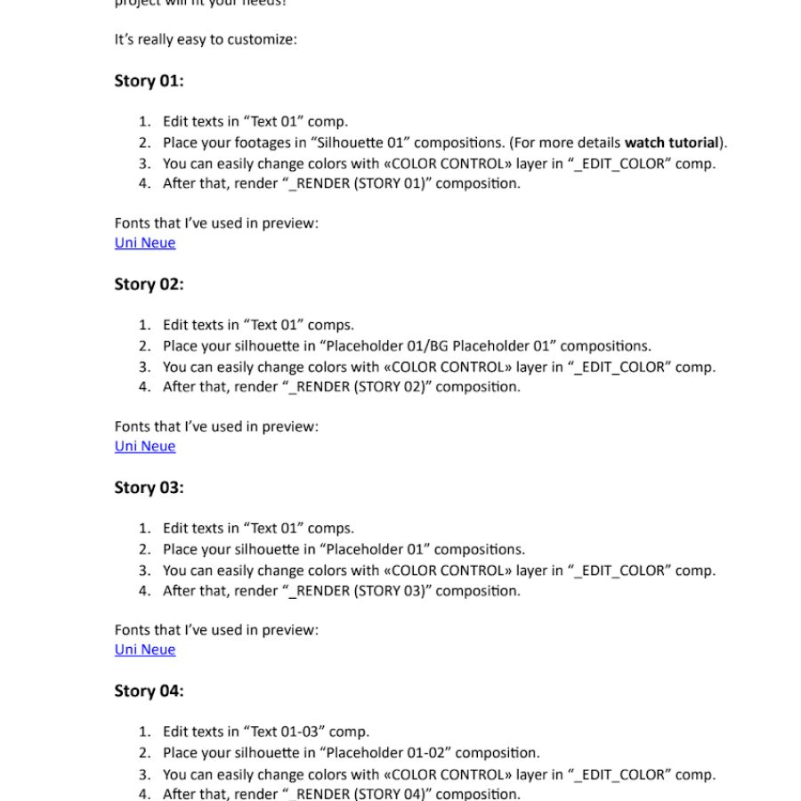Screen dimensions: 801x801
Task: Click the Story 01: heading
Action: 149,81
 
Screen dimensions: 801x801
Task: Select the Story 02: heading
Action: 149,285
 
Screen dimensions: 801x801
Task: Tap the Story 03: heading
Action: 149,488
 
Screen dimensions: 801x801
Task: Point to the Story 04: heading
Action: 149,692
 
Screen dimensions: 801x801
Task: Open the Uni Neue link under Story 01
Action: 145,243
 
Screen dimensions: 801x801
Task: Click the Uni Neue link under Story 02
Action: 145,446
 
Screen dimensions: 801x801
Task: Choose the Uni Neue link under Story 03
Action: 145,650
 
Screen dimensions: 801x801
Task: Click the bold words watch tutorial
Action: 671,142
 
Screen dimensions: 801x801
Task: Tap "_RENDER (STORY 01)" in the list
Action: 356,184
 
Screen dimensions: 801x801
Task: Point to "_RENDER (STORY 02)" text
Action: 356,387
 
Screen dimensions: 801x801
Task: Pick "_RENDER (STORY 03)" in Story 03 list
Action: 356,591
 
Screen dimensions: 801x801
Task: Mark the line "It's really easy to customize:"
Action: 206,40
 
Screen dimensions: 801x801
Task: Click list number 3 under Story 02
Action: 144,367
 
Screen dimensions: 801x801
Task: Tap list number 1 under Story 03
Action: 144,529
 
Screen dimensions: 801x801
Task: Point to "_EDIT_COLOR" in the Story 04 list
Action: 619,774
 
